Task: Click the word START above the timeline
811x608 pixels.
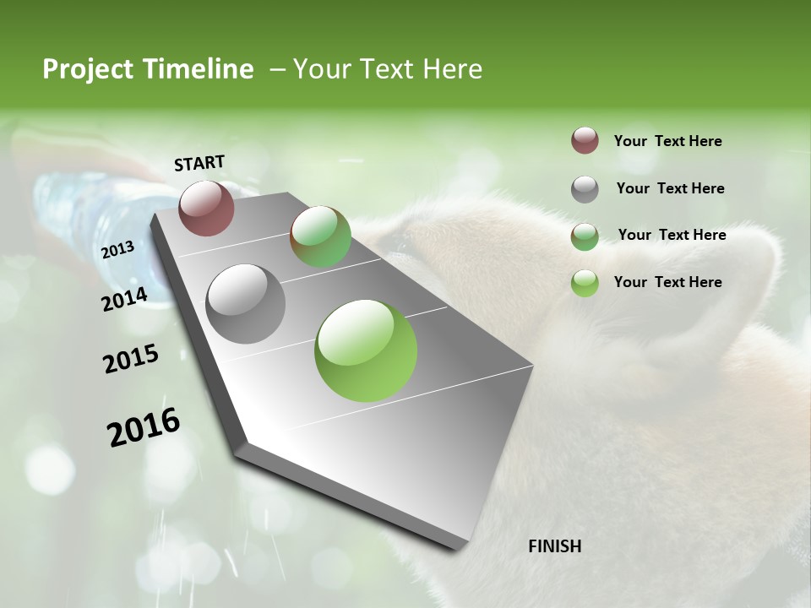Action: (x=199, y=163)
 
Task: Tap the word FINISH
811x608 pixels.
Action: (x=554, y=546)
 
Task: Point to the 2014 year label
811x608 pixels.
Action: (x=124, y=299)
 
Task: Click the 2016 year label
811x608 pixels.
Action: (x=144, y=427)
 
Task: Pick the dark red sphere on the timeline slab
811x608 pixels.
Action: (x=206, y=208)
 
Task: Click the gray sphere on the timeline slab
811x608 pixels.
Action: (x=246, y=303)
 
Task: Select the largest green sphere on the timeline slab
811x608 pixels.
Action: (x=366, y=350)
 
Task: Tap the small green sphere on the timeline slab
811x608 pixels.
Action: (x=320, y=236)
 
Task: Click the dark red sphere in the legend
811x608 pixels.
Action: (x=585, y=140)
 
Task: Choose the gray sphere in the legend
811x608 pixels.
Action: (x=585, y=188)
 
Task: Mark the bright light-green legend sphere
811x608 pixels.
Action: (x=585, y=283)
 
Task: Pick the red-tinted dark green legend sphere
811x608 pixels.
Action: (x=585, y=236)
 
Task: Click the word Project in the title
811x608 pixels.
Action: (x=86, y=69)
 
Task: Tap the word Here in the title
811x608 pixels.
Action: (x=452, y=69)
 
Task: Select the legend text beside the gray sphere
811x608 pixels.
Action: (x=670, y=188)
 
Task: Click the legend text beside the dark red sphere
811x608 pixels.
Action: (x=667, y=141)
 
